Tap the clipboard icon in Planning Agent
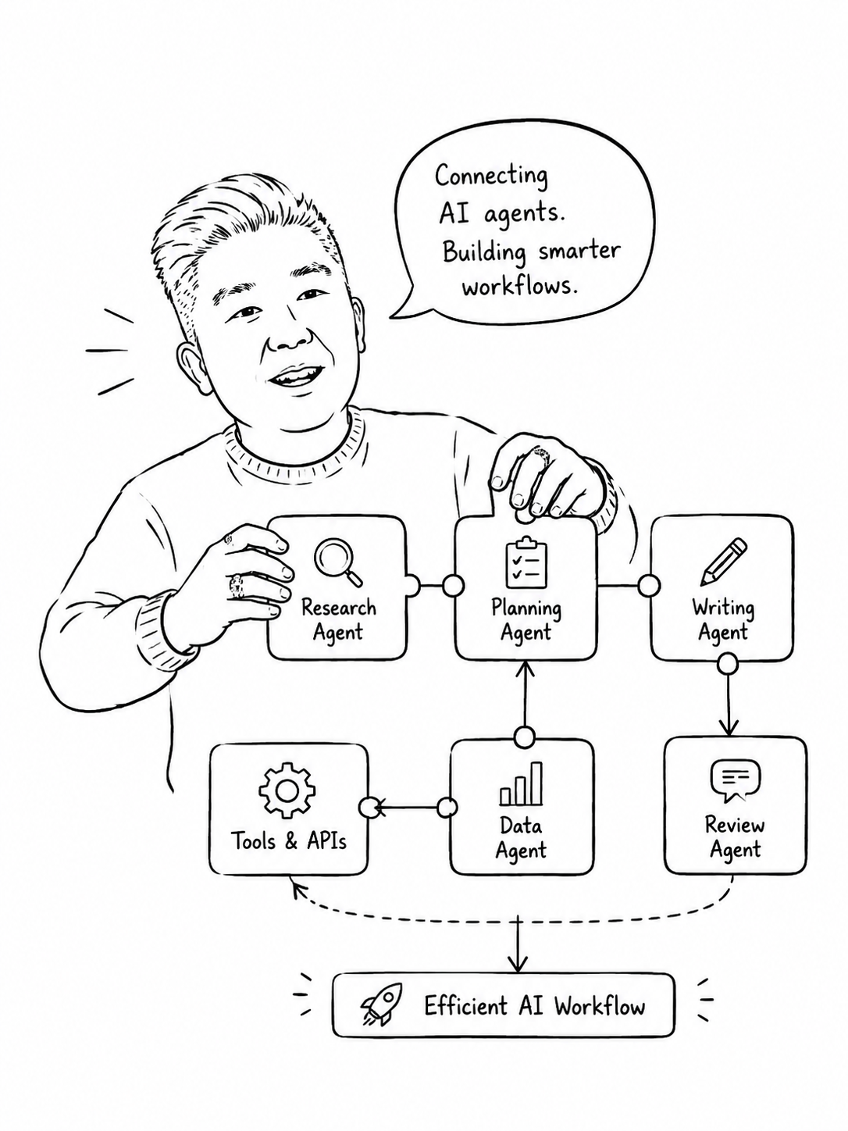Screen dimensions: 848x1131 (526, 562)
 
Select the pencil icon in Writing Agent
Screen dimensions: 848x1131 (723, 562)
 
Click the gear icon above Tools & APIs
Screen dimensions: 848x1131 (287, 790)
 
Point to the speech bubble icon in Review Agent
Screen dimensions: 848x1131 (735, 780)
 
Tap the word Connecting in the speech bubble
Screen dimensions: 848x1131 (491, 177)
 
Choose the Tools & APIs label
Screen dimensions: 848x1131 (289, 841)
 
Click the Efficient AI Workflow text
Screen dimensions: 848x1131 (534, 1005)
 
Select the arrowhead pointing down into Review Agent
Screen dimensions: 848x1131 (728, 729)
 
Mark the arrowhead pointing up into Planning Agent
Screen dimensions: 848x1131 (526, 668)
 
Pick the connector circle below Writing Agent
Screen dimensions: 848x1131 (728, 664)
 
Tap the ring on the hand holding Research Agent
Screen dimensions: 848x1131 (237, 586)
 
